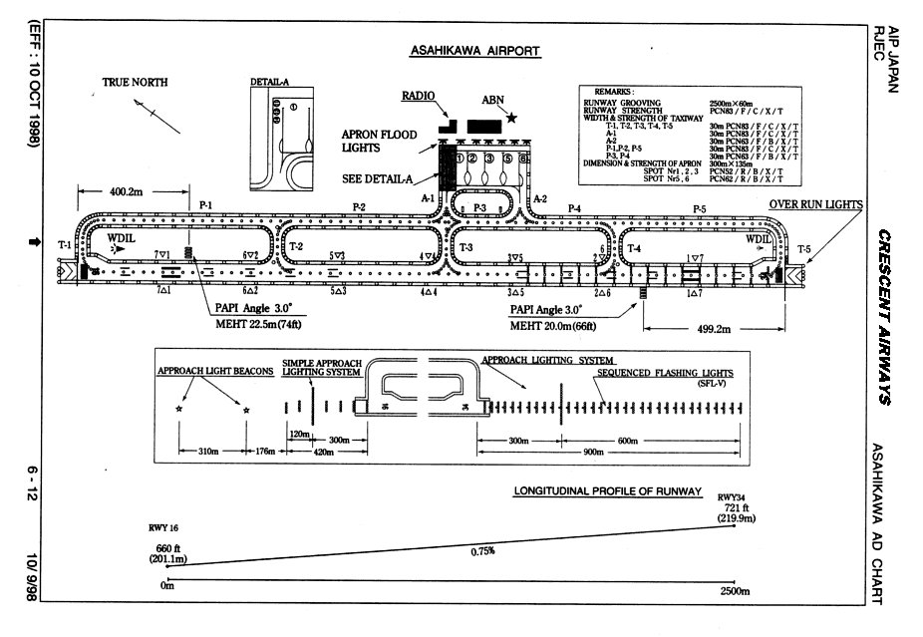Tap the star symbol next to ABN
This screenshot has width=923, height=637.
(x=512, y=118)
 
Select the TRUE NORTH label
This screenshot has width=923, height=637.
(x=136, y=83)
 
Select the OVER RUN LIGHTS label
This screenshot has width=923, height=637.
(x=816, y=204)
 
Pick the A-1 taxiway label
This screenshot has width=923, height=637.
(x=429, y=198)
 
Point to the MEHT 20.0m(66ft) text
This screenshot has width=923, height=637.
(x=555, y=325)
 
